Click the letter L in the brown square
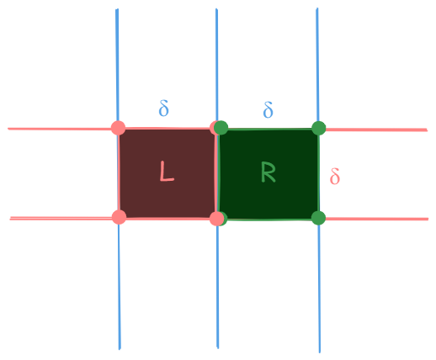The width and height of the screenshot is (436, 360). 167,171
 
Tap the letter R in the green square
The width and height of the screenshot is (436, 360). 268,172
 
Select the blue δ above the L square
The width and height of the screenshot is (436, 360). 164,108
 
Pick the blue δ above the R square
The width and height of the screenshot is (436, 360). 268,109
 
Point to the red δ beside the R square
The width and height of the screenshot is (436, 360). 335,176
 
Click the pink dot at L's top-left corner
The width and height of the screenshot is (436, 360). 118,128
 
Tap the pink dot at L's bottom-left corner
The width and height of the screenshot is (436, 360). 119,217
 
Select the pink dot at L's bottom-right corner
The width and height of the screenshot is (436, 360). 216,219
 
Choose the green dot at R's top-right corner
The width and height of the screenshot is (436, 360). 318,128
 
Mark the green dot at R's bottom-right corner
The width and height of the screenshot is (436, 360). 318,218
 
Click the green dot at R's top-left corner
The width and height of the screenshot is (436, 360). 221,128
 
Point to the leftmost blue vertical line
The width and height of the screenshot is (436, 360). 119,179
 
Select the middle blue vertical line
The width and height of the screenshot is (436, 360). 217,178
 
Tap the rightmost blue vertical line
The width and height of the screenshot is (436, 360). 318,180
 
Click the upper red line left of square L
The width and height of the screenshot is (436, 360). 60,129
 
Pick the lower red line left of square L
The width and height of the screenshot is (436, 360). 61,218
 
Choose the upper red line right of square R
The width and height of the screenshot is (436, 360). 376,130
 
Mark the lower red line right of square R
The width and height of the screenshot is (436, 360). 377,219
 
